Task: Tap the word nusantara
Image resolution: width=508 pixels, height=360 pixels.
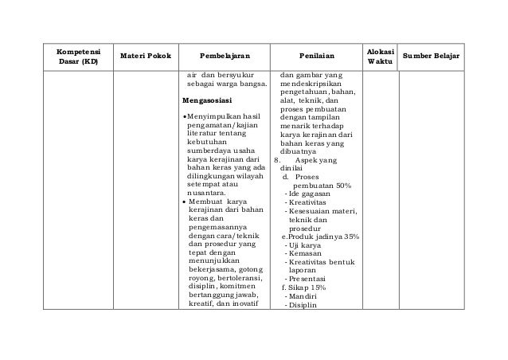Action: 205,192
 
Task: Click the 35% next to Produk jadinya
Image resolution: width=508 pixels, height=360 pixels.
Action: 347,236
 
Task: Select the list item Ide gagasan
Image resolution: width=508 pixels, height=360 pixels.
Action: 308,195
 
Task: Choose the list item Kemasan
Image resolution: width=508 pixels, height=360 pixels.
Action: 303,256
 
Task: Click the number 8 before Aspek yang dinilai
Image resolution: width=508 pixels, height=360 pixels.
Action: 276,159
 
